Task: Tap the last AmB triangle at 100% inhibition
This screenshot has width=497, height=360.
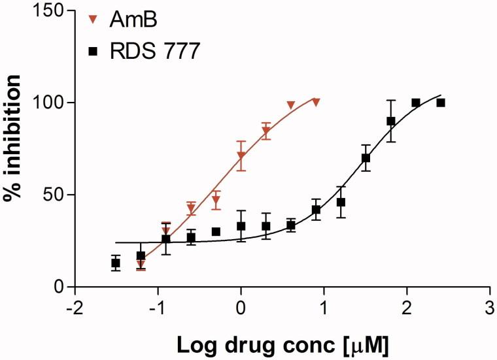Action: coord(316,103)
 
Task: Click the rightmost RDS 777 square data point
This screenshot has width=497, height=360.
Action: coord(441,103)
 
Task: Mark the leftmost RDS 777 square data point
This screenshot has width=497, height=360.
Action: coord(116,263)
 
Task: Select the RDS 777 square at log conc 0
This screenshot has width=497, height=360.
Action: coord(241,226)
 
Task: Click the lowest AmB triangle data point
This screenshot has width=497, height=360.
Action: coord(141,264)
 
